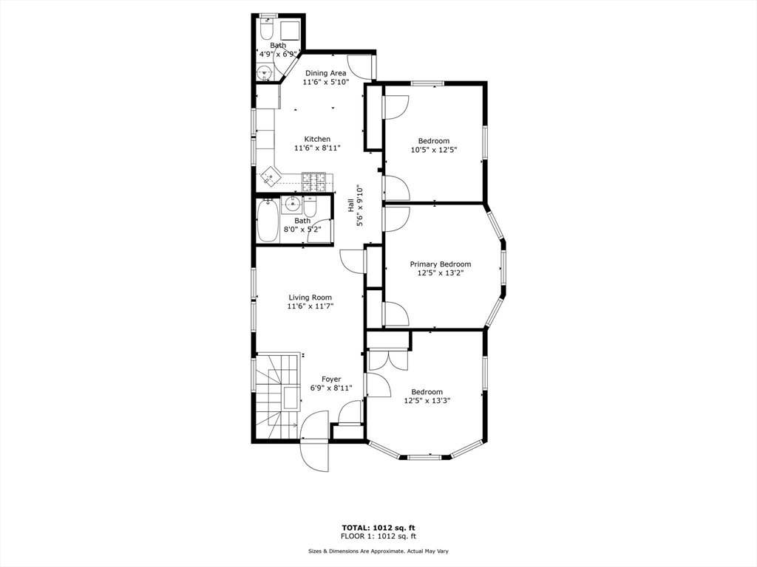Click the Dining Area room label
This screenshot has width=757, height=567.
pyautogui.click(x=325, y=73)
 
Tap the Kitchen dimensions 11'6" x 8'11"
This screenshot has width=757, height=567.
pyautogui.click(x=317, y=148)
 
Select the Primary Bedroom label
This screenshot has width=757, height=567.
pyautogui.click(x=441, y=264)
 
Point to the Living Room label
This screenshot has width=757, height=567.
pyautogui.click(x=310, y=298)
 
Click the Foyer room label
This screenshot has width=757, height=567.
pyautogui.click(x=331, y=379)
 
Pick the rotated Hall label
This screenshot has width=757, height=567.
pyautogui.click(x=350, y=206)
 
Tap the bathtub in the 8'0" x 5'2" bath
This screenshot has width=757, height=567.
pyautogui.click(x=267, y=221)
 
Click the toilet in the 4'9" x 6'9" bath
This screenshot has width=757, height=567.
pyautogui.click(x=266, y=29)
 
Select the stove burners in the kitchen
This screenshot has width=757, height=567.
pyautogui.click(x=313, y=182)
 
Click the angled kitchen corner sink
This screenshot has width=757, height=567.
pyautogui.click(x=271, y=176)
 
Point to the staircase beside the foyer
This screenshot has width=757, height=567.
pyautogui.click(x=276, y=396)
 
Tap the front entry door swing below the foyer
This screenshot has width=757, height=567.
pyautogui.click(x=314, y=441)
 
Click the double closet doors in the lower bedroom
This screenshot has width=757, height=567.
pyautogui.click(x=388, y=360)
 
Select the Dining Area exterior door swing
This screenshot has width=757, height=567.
pyautogui.click(x=361, y=66)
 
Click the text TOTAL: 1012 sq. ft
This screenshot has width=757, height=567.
pyautogui.click(x=378, y=528)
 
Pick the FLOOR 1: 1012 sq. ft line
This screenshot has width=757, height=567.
pyautogui.click(x=378, y=536)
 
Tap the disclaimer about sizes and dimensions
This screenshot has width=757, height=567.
pyautogui.click(x=378, y=551)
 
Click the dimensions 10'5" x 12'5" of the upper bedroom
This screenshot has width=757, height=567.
pyautogui.click(x=434, y=149)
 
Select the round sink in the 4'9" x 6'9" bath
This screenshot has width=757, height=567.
pyautogui.click(x=264, y=74)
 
